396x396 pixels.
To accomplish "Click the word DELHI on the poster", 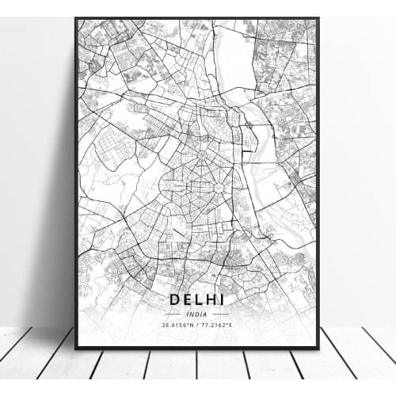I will click(196, 299).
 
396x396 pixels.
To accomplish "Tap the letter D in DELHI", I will click(174, 299).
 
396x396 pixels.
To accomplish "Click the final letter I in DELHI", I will click(222, 299).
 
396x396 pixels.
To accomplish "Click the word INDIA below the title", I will click(196, 314).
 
